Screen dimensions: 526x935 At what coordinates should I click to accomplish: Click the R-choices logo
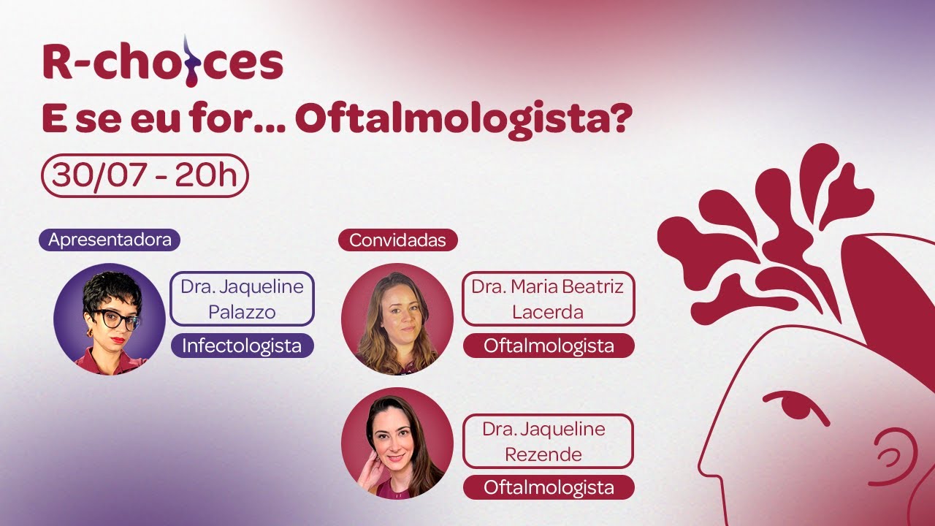(x=162, y=61)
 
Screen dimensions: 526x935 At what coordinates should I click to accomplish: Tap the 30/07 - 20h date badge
(x=145, y=175)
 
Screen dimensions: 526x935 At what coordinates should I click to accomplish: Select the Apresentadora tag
(x=110, y=240)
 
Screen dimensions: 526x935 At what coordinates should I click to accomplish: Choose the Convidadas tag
(x=397, y=240)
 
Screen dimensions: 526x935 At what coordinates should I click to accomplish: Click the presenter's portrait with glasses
(x=110, y=319)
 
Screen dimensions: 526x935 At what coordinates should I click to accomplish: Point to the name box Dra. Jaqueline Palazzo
(x=242, y=299)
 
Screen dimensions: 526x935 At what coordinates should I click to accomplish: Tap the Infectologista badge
(x=242, y=346)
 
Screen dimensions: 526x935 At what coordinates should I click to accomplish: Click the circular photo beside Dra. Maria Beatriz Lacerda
(x=397, y=319)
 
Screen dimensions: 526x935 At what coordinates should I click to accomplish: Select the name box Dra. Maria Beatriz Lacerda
(x=548, y=299)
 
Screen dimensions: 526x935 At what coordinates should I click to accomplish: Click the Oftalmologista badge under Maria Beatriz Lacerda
(x=549, y=346)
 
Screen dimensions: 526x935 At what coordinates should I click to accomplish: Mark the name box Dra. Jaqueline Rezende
(x=548, y=441)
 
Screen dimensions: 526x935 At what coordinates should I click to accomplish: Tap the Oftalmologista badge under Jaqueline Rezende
(x=549, y=487)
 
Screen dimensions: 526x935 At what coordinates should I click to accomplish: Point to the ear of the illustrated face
(x=891, y=457)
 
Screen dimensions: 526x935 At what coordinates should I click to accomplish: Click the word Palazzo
(x=242, y=312)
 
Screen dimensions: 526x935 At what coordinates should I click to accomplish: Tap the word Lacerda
(x=548, y=312)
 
